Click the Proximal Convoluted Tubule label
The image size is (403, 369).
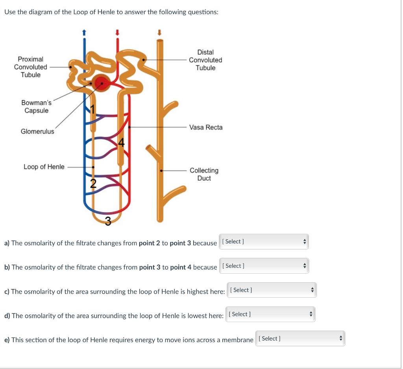click(x=30, y=67)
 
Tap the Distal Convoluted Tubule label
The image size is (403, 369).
click(x=205, y=60)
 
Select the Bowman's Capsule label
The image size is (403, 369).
click(x=36, y=106)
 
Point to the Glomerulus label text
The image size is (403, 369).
click(x=37, y=132)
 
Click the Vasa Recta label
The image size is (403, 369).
click(x=205, y=127)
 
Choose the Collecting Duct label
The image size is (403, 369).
click(x=204, y=174)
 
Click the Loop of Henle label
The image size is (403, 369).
click(x=44, y=167)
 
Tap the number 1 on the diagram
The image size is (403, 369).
click(x=93, y=109)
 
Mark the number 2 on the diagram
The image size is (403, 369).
click(x=93, y=183)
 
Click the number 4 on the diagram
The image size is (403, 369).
click(x=122, y=143)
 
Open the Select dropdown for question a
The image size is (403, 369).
click(x=264, y=242)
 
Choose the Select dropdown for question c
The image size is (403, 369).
click(x=272, y=290)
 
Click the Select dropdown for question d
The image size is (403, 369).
click(x=270, y=314)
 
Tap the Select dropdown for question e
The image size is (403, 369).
click(x=300, y=339)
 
